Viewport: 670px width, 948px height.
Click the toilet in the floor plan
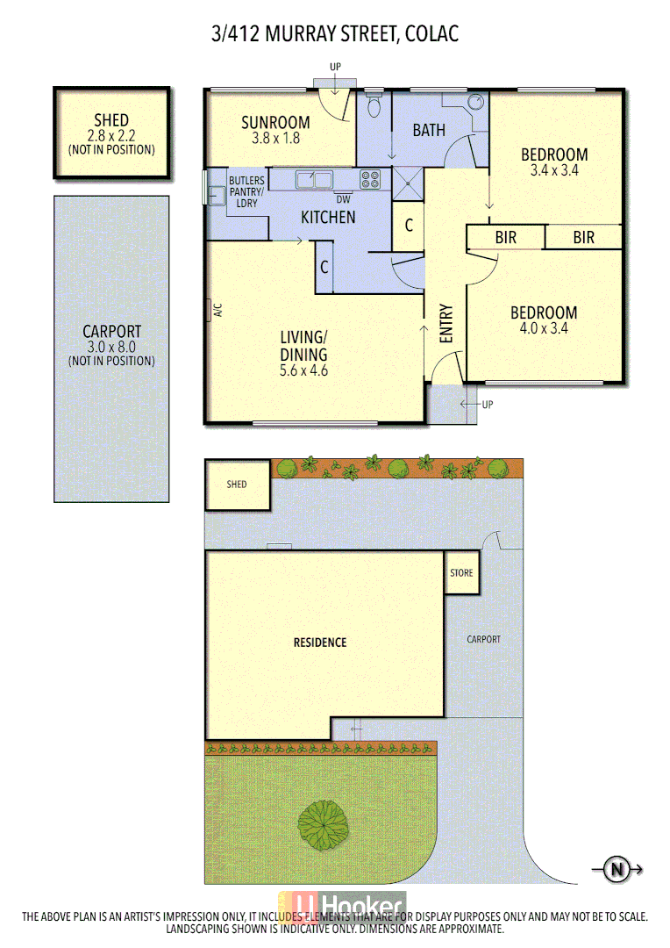374,105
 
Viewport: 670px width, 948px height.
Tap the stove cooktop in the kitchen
370,179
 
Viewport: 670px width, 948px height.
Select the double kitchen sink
313,180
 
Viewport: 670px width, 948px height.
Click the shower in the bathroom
407,183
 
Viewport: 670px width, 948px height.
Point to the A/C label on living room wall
217,310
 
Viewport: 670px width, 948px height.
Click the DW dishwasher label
343,198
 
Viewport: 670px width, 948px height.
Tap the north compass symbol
617,870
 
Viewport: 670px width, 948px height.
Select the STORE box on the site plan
461,573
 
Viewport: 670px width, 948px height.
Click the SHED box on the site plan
237,485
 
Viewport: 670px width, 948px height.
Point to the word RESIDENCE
319,643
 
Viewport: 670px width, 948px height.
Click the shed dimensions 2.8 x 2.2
111,135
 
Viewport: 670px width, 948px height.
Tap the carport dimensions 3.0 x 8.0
111,347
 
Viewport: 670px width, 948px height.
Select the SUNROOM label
275,123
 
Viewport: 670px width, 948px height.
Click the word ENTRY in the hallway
445,323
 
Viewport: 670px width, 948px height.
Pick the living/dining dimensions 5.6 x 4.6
303,370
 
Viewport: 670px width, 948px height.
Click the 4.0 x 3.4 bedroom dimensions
544,328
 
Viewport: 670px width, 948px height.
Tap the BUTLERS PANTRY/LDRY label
243,192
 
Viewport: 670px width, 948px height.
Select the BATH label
429,130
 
